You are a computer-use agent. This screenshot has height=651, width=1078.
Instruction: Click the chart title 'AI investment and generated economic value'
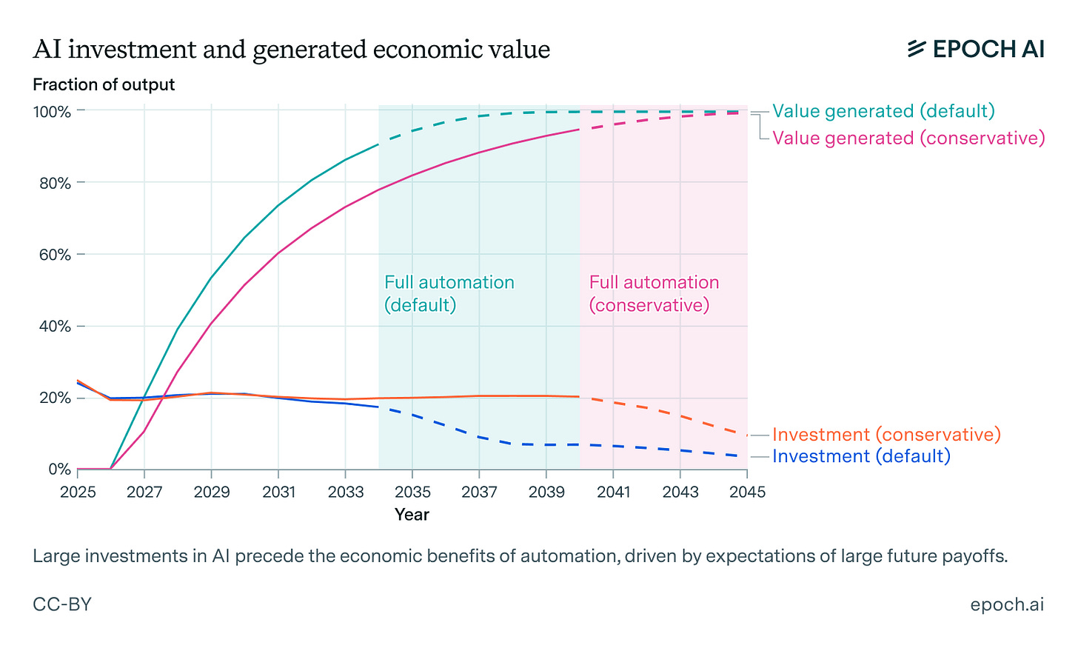pos(291,50)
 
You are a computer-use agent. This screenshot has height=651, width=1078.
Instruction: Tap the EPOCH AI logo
pos(975,49)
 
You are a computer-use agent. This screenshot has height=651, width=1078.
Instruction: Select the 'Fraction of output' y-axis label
pos(104,84)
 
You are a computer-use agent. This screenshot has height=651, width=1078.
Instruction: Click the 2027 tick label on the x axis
pos(144,493)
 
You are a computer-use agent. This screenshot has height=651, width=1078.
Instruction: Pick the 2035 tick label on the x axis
pos(412,493)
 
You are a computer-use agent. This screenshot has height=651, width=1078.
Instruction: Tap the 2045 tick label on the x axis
pos(747,493)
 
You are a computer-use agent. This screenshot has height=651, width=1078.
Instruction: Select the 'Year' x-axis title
pos(412,514)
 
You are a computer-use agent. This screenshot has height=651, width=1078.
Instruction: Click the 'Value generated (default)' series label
pos(883,111)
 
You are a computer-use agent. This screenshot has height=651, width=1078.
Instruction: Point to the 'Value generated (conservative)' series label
pos(908,138)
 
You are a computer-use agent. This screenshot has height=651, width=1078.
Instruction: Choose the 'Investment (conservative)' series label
pos(886,435)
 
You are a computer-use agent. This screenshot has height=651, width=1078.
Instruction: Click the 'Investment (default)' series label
pos(861,456)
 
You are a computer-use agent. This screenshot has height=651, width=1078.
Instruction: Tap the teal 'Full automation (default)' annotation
pos(449,293)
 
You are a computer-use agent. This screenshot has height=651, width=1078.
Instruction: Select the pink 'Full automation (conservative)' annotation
pos(654,293)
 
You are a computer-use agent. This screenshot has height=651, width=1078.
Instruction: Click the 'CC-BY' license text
pos(62,604)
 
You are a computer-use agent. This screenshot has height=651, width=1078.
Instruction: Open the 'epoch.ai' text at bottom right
pos(1007,604)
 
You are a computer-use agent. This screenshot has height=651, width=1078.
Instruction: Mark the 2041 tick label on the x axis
pos(613,493)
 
